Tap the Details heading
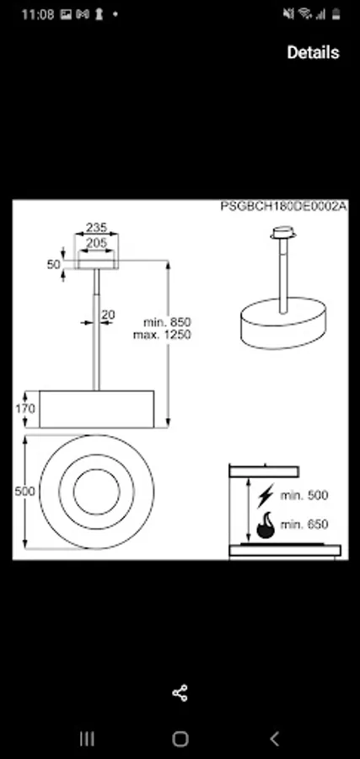click(313, 52)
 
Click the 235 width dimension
click(96, 227)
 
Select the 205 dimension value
click(96, 243)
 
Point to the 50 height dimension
click(54, 264)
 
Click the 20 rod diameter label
click(109, 315)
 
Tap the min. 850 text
click(167, 322)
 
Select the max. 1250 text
click(162, 335)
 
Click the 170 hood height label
click(25, 408)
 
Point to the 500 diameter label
click(24, 492)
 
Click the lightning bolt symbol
click(266, 495)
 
